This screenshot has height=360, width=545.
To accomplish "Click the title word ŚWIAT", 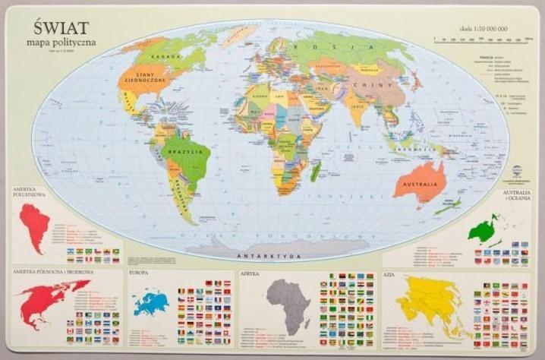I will click(57, 27).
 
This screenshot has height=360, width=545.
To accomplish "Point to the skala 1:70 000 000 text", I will click(484, 29).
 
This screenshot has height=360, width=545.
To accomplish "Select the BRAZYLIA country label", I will click(187, 153).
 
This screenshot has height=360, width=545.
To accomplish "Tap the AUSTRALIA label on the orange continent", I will click(419, 185).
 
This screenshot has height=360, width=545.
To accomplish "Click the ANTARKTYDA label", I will click(261, 256).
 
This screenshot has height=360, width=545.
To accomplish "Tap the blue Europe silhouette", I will click(151, 304).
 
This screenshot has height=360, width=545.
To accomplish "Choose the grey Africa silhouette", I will click(289, 303).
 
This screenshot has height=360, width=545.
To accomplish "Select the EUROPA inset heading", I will click(139, 272).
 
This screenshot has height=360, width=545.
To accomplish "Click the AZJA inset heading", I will click(390, 273).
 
